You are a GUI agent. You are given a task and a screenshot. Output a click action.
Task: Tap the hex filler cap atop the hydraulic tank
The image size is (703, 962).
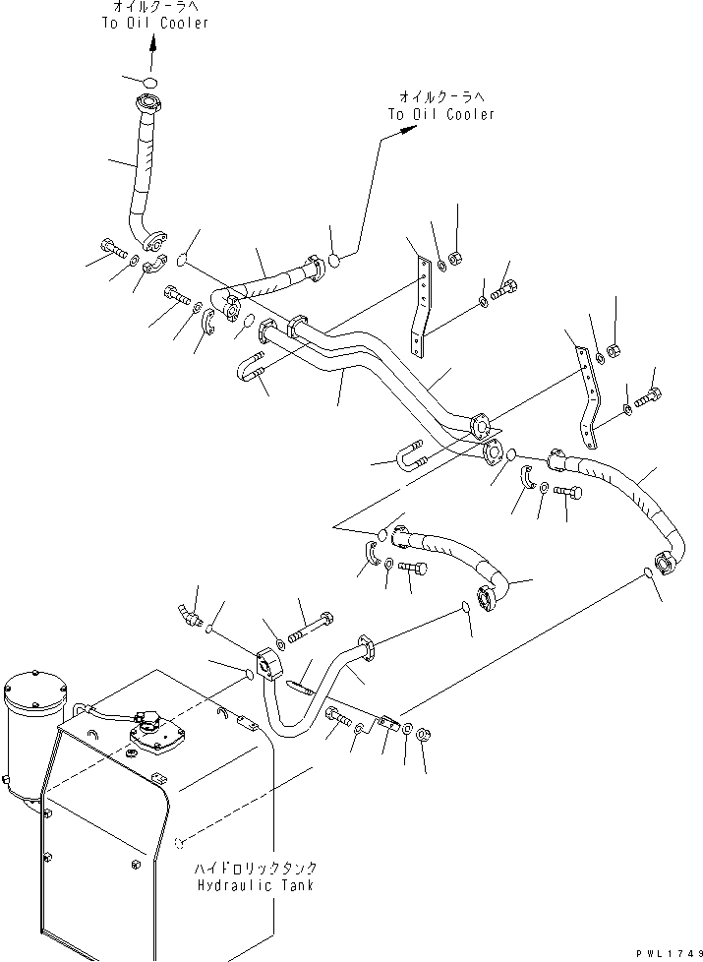pos(150,729)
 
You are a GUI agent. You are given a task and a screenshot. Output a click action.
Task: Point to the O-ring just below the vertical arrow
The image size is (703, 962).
pos(149,82)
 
